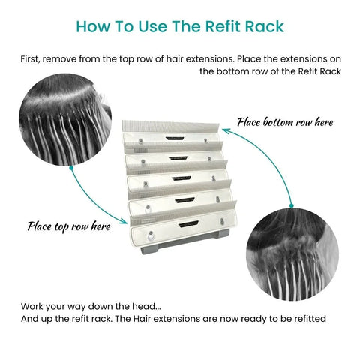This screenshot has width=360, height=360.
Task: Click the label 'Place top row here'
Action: [69, 225]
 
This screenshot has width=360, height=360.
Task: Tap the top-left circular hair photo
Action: [66, 116]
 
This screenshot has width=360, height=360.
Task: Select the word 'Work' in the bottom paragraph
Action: [29, 306]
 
